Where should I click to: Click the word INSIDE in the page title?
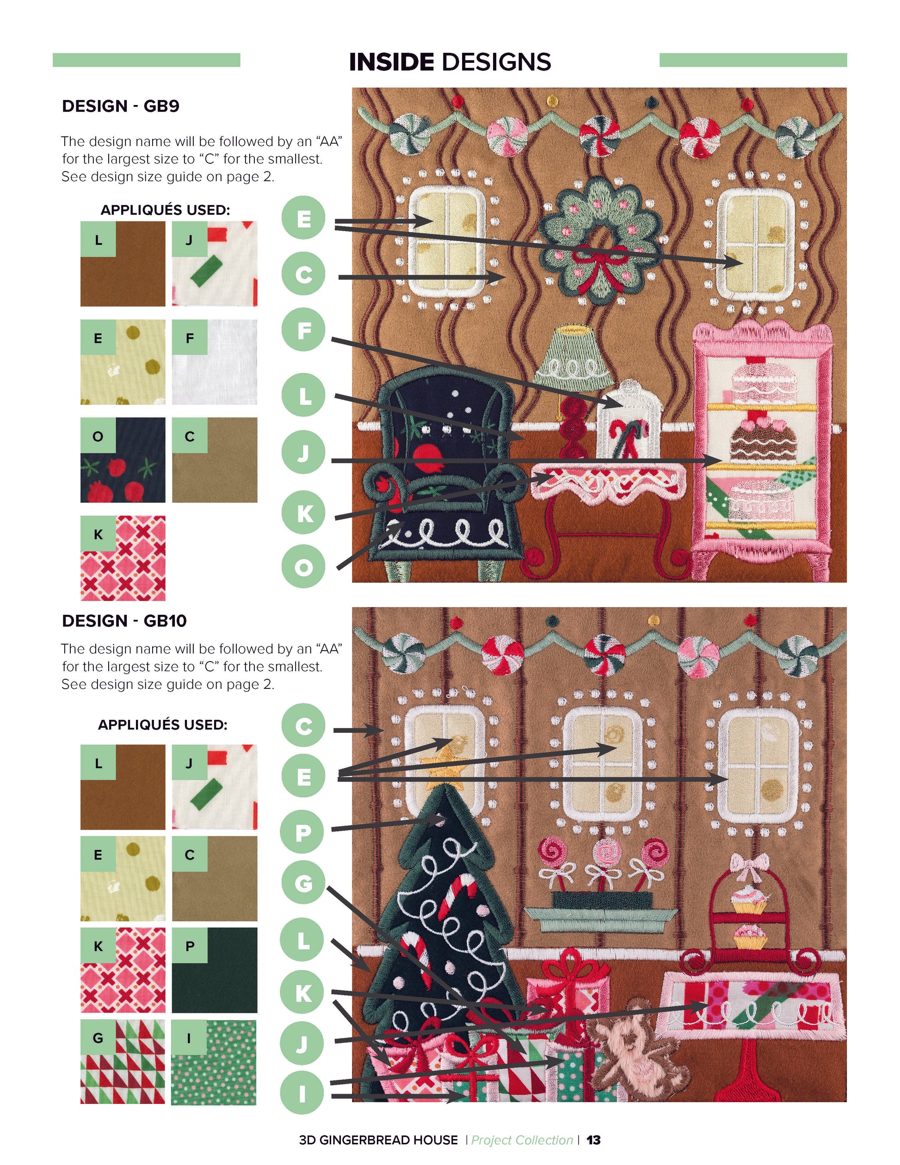pyautogui.click(x=391, y=62)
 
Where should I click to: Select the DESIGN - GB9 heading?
pyautogui.click(x=121, y=106)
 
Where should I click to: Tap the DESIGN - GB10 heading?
pyautogui.click(x=124, y=621)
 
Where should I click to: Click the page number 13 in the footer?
pyautogui.click(x=593, y=1140)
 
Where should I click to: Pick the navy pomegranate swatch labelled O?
pyautogui.click(x=123, y=460)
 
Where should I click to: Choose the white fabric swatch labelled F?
pyautogui.click(x=214, y=362)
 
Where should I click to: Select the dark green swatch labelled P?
pyautogui.click(x=214, y=970)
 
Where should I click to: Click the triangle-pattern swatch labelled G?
pyautogui.click(x=123, y=1062)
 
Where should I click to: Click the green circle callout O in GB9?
pyautogui.click(x=303, y=566)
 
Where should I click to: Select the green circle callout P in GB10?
pyautogui.click(x=303, y=831)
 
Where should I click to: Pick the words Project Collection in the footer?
pyautogui.click(x=522, y=1140)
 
